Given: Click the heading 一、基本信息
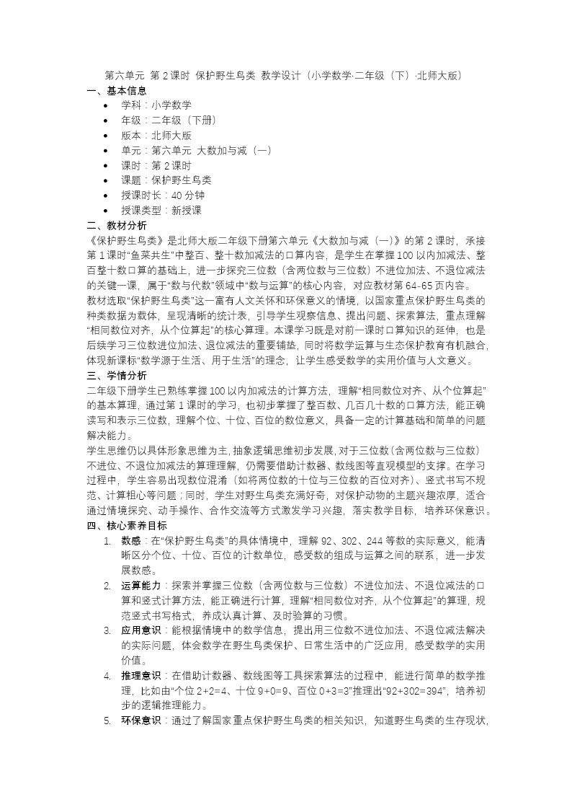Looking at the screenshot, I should coord(117,90).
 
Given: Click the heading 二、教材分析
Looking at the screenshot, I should coord(117,225).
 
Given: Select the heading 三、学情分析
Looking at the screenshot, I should coord(117,375).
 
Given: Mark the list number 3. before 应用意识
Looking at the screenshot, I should coord(106,630).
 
